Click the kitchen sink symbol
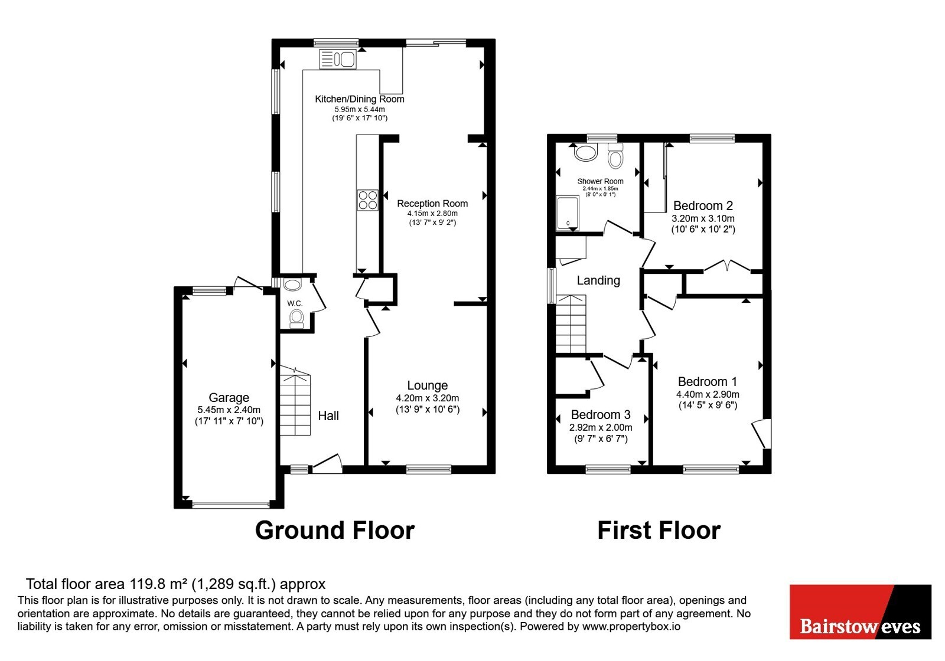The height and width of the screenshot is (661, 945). pos(337,59)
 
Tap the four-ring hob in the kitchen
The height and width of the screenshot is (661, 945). pos(367,200)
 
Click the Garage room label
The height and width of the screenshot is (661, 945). pos(229,398)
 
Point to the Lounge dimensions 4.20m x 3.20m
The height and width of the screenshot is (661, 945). pos(428,398)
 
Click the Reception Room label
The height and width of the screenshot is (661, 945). pos(432,204)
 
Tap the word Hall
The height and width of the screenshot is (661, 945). pos(328,416)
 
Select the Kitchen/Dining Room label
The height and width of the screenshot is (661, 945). pos(360,99)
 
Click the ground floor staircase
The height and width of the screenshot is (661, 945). pos(295,401)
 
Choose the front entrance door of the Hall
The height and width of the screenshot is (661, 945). pos(327,464)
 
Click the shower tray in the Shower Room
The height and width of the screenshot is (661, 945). pos(568,213)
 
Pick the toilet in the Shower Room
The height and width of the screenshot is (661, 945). pos(615,156)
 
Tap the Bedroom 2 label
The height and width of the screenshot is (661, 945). pos(703,206)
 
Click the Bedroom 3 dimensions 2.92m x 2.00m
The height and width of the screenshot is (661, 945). pos(601,427)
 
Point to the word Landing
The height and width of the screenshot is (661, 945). pos(598,281)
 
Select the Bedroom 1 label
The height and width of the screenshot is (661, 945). pos(708,381)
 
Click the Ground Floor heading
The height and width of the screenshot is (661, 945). pos(334,530)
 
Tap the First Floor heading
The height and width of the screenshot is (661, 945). pos(659,530)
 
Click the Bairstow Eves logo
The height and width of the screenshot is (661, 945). pos(860,611)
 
